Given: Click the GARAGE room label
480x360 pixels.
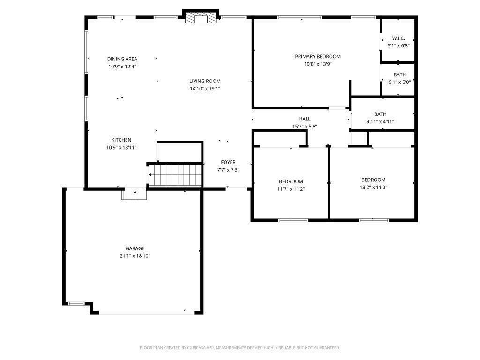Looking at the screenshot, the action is pos(135,248).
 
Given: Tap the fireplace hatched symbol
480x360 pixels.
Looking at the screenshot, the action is pos(201,18).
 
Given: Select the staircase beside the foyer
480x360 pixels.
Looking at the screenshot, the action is pos(175,175).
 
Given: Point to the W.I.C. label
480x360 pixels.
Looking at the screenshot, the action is pos(398,38).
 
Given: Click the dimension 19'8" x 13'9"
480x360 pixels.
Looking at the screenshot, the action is pos(318,64).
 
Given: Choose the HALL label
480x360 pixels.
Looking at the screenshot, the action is pos(305,119).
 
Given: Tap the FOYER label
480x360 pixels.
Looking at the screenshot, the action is pos(228,162).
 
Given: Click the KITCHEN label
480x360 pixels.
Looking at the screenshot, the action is pos(121,140).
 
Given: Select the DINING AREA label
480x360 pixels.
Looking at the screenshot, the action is pos(122,59).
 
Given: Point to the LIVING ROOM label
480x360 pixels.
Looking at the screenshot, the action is pos(205,81).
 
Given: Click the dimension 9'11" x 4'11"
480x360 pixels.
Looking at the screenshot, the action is pos(380,121).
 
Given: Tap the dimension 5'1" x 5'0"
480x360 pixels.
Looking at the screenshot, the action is pos(399,82).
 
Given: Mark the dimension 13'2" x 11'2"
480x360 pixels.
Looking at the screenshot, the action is pos(374,187).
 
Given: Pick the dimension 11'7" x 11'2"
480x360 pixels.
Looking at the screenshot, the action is pos(291,189).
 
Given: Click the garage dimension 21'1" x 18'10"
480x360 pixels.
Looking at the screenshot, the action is pos(135,256).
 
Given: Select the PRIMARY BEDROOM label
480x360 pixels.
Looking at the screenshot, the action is pos(318,56).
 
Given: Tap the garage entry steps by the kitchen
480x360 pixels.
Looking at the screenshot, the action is pos(134,195).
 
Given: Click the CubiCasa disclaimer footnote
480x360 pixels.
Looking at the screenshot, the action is pos(240,348).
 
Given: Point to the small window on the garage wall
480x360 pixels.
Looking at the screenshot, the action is pos(76,304).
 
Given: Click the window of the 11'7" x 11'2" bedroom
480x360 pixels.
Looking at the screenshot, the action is pos(293,220).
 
